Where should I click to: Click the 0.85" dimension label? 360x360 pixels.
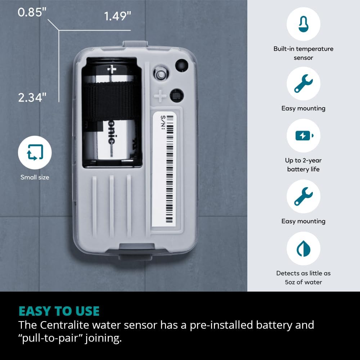point(32,12)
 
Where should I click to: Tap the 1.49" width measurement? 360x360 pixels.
point(117,16)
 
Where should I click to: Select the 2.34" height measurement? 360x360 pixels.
point(32,97)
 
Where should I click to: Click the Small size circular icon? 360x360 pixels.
point(35,152)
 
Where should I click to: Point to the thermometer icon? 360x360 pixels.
point(303,24)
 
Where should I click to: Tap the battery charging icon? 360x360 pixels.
point(303,136)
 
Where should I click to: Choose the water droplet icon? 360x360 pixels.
point(303,248)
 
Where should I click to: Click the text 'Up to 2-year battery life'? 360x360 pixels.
point(303,165)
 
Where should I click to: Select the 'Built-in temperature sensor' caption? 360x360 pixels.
point(303,53)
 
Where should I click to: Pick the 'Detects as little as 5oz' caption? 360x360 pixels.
point(303,278)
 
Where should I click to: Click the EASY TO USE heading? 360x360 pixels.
point(59,311)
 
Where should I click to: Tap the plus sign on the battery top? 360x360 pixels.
point(112,69)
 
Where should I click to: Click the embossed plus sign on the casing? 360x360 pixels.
point(160,96)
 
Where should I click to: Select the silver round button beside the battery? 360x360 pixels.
point(161,73)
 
